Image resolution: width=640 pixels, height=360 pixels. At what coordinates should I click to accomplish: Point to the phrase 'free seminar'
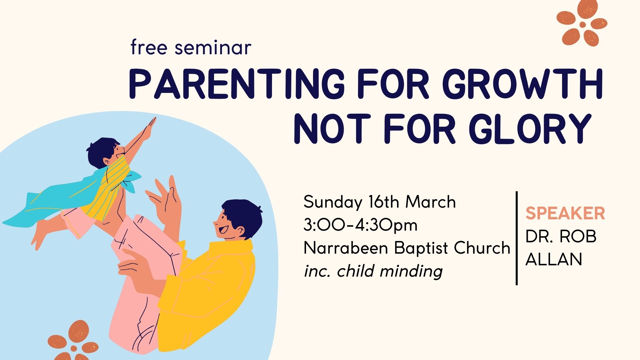pyautogui.click(x=191, y=47)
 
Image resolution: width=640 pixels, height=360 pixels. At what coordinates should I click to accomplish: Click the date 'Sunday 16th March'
pyautogui.click(x=379, y=202)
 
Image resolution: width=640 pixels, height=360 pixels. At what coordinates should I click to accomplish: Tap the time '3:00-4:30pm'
pyautogui.click(x=360, y=225)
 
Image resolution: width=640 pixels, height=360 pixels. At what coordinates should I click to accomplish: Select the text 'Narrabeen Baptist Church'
pyautogui.click(x=407, y=248)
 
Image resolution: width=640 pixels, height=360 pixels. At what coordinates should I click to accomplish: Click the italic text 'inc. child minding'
pyautogui.click(x=373, y=271)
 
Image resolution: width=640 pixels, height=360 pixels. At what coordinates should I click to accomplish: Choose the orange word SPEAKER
pyautogui.click(x=565, y=213)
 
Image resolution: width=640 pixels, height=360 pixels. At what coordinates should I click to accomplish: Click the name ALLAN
pyautogui.click(x=554, y=259)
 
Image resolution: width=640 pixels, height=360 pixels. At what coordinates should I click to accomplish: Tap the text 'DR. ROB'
pyautogui.click(x=561, y=236)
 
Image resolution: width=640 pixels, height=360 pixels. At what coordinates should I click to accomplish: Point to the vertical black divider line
pyautogui.click(x=517, y=238)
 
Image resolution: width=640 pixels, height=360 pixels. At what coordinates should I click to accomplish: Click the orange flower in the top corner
pyautogui.click(x=582, y=23)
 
